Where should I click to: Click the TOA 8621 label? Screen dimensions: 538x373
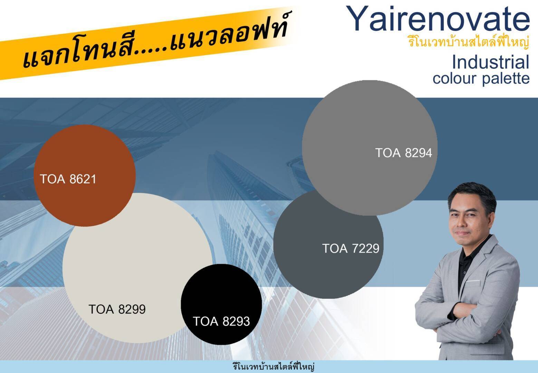click(x=68, y=179)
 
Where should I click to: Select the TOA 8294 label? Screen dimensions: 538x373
click(x=403, y=153)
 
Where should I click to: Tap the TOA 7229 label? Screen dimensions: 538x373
click(x=350, y=248)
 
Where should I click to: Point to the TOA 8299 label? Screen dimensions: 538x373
click(x=117, y=309)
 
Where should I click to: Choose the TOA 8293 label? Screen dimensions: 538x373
click(x=221, y=321)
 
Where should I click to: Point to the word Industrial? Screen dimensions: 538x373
click(x=491, y=62)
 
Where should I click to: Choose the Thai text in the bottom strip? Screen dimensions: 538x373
click(x=273, y=367)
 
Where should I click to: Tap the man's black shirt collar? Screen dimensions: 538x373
click(x=472, y=250)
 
